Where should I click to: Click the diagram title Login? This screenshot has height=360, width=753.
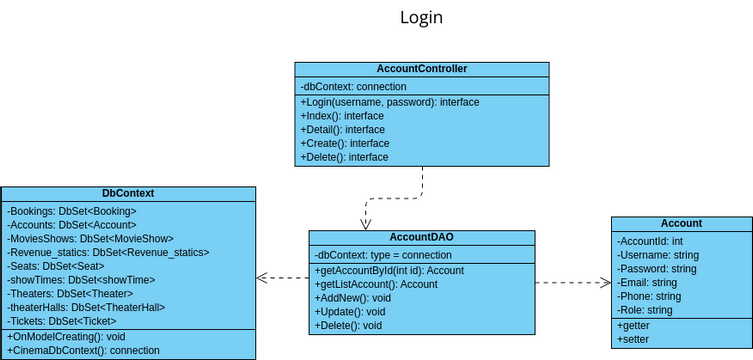[421, 18]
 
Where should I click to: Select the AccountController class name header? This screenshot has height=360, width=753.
[422, 69]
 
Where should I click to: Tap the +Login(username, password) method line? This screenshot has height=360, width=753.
[389, 102]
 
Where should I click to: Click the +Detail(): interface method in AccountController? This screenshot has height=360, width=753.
[343, 130]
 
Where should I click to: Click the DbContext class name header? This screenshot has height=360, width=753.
[128, 193]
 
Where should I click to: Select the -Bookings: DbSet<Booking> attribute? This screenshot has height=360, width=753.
[72, 211]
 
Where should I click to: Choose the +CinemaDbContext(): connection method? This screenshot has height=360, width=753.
[83, 351]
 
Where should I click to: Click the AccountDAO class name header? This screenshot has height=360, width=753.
[421, 237]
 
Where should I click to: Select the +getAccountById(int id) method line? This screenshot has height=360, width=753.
[389, 270]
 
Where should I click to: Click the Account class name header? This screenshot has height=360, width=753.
[681, 223]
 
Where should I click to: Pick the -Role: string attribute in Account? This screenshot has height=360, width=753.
[644, 311]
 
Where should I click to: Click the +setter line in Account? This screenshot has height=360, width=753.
[632, 340]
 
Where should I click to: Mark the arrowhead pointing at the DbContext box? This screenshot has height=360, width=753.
[262, 277]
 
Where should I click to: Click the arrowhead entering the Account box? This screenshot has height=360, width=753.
[605, 283]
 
